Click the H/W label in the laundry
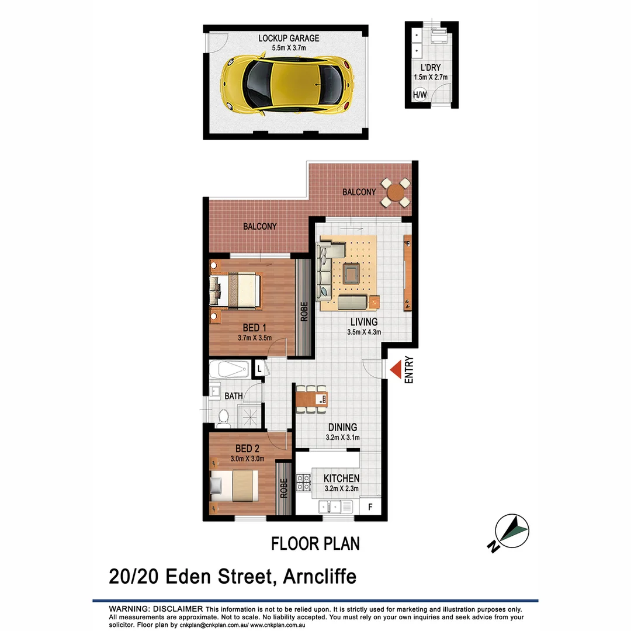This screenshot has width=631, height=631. coord(419,95)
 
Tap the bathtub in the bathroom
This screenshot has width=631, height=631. coord(233,369)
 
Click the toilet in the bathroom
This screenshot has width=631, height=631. coord(223,416)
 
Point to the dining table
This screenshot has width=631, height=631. coord(311,399)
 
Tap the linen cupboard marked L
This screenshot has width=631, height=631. coord(258,369)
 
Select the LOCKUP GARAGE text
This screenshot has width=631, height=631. coord(289,39)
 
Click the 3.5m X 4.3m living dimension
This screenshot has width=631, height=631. coord(363,332)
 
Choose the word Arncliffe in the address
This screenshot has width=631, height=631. coord(319,577)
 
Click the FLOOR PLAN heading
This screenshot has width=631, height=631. coord(315,543)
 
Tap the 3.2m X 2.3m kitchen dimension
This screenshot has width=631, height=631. coord(341,490)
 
